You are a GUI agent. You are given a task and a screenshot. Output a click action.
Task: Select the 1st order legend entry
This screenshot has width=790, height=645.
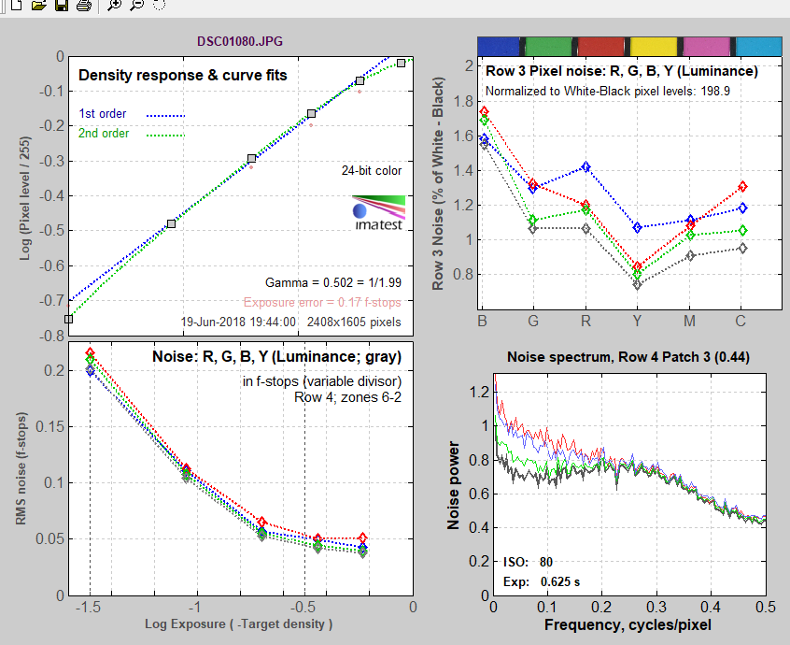pyautogui.click(x=102, y=114)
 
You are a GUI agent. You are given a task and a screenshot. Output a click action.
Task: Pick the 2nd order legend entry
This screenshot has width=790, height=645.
pyautogui.click(x=103, y=134)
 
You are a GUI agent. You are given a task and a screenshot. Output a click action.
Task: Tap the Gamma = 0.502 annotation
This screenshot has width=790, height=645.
pyautogui.click(x=333, y=282)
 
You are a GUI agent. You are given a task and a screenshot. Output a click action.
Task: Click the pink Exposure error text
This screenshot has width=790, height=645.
pyautogui.click(x=322, y=302)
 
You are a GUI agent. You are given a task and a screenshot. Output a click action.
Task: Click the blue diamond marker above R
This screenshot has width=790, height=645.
pyautogui.click(x=585, y=167)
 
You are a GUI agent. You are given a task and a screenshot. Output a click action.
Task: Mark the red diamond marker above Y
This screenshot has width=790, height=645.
pyautogui.click(x=637, y=267)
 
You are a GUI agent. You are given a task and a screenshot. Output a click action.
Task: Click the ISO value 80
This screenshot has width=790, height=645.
pyautogui.click(x=546, y=562)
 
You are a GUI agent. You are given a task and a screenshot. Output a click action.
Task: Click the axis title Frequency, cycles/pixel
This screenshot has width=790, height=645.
pyautogui.click(x=628, y=623)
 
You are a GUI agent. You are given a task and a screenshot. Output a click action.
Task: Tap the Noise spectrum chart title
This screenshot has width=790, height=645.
pyautogui.click(x=628, y=356)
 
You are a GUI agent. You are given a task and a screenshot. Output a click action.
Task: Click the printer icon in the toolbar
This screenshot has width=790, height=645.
pyautogui.click(x=83, y=6)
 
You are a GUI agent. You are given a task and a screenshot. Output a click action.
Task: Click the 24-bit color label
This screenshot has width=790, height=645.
pyautogui.click(x=373, y=171)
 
